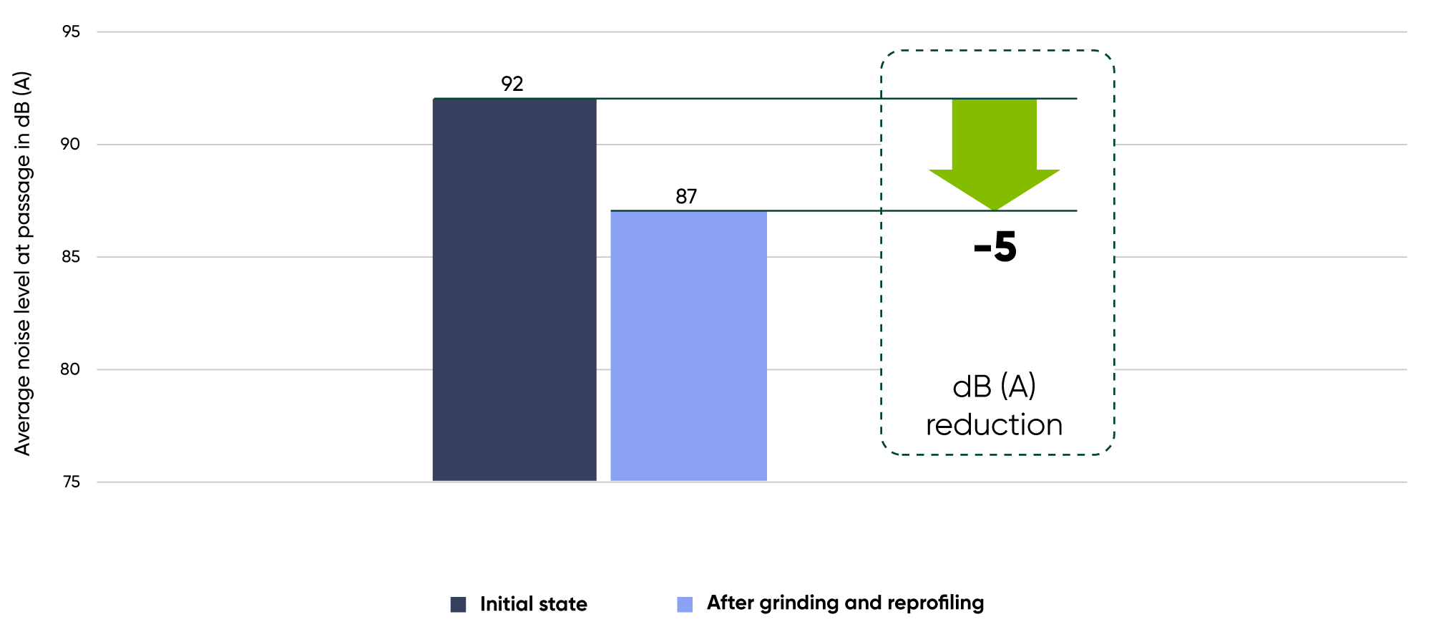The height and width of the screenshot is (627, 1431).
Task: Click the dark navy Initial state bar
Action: [514, 290]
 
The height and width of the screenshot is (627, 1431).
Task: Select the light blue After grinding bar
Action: [688, 346]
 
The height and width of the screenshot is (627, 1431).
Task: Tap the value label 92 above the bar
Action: [512, 84]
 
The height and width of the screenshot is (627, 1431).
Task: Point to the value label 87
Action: [686, 197]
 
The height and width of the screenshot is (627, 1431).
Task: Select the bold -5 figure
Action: [995, 248]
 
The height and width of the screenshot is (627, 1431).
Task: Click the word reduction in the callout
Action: [994, 425]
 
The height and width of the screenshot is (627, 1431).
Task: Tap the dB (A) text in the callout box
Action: [994, 387]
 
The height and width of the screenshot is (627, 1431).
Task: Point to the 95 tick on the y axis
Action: [71, 32]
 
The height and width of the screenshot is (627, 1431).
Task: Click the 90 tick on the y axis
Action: [70, 145]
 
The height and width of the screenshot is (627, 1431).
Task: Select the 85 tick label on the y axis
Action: [71, 257]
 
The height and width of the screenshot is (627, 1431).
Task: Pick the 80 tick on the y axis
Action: [70, 369]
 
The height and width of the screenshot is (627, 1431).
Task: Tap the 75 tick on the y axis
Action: [71, 482]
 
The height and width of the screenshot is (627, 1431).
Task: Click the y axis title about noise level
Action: [23, 263]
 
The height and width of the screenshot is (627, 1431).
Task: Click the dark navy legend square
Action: [458, 605]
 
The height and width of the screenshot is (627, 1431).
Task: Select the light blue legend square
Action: [685, 605]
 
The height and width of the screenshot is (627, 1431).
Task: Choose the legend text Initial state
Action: [533, 605]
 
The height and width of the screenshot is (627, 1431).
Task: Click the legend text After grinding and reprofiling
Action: [845, 603]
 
